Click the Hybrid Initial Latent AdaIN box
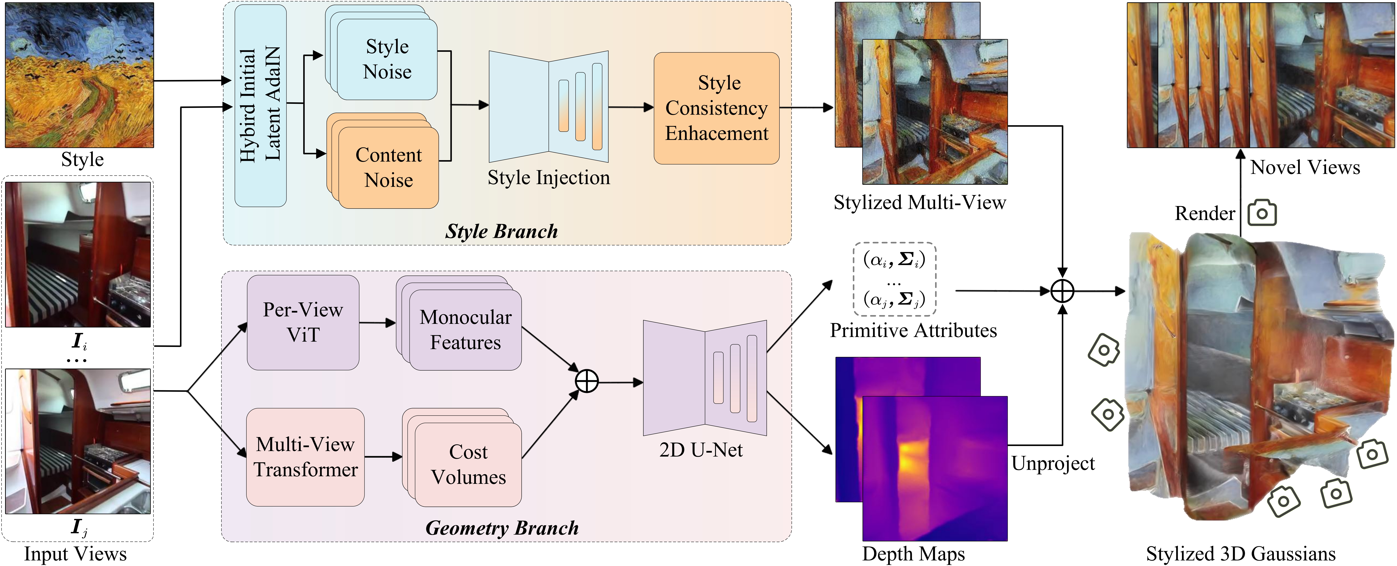click(x=260, y=106)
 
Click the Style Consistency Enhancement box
click(x=716, y=108)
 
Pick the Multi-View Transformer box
click(x=305, y=457)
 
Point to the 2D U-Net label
click(x=701, y=450)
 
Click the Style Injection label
click(x=548, y=177)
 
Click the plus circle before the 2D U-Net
click(x=587, y=381)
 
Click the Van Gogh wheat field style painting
click(x=80, y=75)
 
